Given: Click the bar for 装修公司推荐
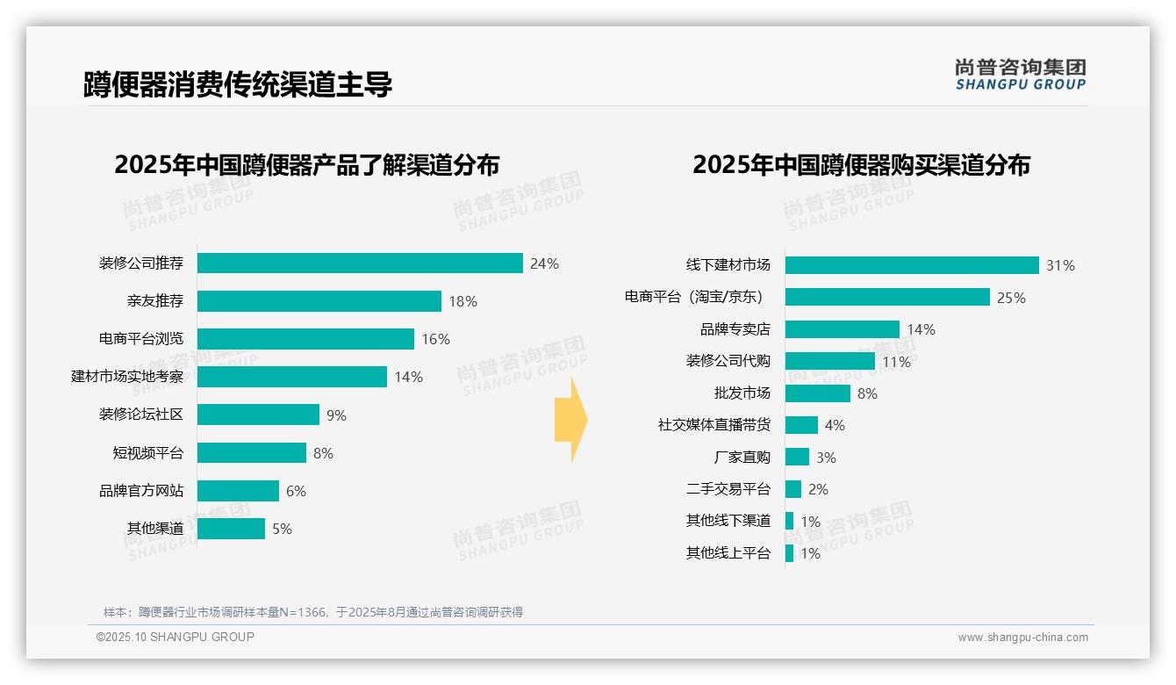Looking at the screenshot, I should (360, 263).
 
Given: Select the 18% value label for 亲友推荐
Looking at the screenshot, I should (463, 301).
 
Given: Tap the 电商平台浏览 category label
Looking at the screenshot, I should (141, 339).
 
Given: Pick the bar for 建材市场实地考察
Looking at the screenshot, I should (291, 377).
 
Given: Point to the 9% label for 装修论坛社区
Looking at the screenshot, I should (336, 415).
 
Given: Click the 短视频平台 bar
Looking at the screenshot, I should (252, 453).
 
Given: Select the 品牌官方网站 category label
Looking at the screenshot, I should (141, 491).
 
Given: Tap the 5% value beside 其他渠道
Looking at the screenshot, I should (282, 529).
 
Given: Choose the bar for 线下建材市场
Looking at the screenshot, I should (912, 265).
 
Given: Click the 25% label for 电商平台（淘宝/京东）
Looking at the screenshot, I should (1011, 298).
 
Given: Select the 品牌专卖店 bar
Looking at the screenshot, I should (842, 329).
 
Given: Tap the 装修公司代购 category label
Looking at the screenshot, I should (728, 361).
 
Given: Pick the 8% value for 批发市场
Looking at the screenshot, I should (867, 393).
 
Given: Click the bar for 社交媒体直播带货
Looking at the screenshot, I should (801, 425).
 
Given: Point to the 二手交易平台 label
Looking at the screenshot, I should (728, 489).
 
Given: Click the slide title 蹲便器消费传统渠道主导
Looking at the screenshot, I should (238, 84).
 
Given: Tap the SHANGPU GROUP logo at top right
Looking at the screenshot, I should (1020, 75).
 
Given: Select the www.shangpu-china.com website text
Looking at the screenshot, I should (1022, 638).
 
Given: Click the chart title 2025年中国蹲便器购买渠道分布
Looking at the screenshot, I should (861, 165).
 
